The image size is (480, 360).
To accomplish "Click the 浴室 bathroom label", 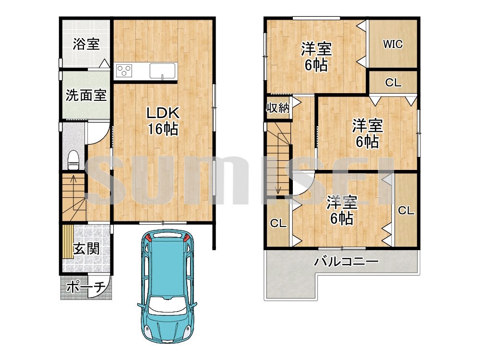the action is click(86, 44).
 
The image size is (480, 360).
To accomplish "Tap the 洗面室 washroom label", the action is click(86, 96).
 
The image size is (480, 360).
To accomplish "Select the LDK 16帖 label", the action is click(163, 121).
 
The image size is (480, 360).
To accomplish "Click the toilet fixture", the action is click(73, 160).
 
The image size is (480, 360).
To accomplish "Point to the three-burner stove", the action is click(124, 71).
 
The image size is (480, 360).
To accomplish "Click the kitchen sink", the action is click(163, 71).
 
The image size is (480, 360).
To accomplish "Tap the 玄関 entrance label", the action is click(86, 249).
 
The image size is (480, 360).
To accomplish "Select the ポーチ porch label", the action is click(86, 287).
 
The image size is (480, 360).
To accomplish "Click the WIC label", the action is click(393, 44).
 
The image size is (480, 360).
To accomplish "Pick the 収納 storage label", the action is click(278, 108).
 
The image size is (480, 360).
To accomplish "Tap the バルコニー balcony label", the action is click(347, 262).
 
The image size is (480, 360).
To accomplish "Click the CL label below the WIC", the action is click(393, 83).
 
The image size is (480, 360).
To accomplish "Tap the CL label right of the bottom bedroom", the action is click(406, 210).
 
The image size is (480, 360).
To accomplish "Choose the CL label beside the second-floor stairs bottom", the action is click(278, 223).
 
